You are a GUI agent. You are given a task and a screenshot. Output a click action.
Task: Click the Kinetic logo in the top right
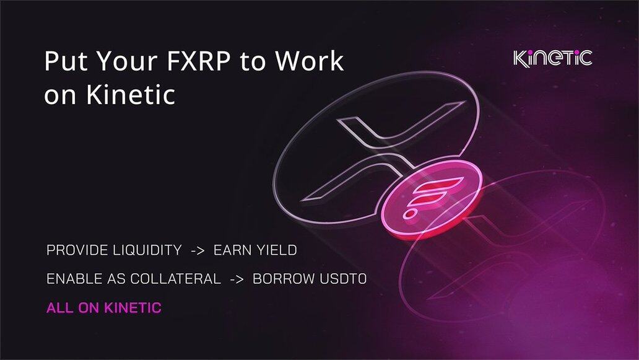(x=552, y=58)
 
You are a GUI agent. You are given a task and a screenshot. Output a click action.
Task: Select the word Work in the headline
(x=309, y=61)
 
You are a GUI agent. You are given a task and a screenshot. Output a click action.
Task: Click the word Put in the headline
(x=66, y=61)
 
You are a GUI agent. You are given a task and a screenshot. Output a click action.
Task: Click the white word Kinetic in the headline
(x=131, y=95)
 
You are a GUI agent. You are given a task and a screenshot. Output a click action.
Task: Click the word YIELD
(x=276, y=250)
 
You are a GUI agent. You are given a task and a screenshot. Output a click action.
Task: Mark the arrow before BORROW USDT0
(x=237, y=279)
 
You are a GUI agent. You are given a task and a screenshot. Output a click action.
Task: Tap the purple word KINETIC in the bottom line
(x=133, y=308)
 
